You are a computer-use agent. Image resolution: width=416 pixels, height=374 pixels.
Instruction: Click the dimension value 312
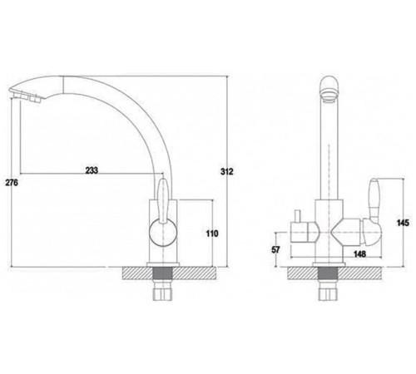click(x=227, y=171)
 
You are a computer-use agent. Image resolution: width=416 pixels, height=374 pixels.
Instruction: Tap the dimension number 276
click(x=12, y=183)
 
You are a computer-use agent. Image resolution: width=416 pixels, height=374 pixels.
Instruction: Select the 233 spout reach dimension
click(x=92, y=170)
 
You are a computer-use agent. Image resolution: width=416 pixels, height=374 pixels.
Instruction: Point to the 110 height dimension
click(x=212, y=234)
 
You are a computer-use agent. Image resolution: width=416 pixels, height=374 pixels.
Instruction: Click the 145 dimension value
click(x=403, y=223)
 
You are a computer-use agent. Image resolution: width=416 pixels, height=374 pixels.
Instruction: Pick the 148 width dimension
click(x=359, y=253)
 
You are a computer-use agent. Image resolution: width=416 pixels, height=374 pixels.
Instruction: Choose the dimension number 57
click(x=275, y=249)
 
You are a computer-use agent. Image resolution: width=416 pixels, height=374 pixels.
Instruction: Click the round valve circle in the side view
click(x=163, y=232)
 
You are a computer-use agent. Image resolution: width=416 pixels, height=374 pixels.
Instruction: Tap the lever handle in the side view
click(x=162, y=202)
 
